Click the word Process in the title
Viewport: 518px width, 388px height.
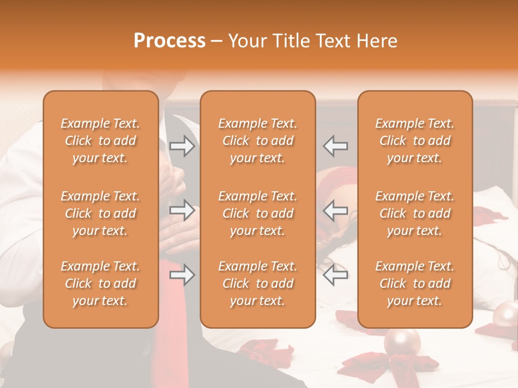pyautogui.click(x=169, y=41)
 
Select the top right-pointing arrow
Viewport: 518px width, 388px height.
pyautogui.click(x=182, y=145)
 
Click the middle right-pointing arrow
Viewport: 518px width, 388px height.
pyautogui.click(x=182, y=210)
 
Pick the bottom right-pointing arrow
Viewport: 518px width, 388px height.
pyautogui.click(x=182, y=275)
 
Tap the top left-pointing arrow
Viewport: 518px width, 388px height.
pyautogui.click(x=336, y=145)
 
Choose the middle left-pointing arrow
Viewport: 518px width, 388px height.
pyautogui.click(x=336, y=210)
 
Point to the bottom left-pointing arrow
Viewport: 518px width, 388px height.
pyautogui.click(x=336, y=275)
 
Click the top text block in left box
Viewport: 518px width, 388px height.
pyautogui.click(x=100, y=141)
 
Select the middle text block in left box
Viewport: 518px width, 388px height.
pyautogui.click(x=100, y=213)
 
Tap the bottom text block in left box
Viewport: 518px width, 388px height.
pyautogui.click(x=100, y=283)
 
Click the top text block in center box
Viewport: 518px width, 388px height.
pyautogui.click(x=257, y=141)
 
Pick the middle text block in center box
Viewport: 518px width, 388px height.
pyautogui.click(x=257, y=213)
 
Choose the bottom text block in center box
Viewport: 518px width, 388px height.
pyautogui.click(x=257, y=283)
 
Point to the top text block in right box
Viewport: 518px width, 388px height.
pyautogui.click(x=415, y=141)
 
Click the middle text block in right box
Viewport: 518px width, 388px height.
pyautogui.click(x=415, y=213)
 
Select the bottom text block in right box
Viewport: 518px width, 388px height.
pyautogui.click(x=415, y=283)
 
